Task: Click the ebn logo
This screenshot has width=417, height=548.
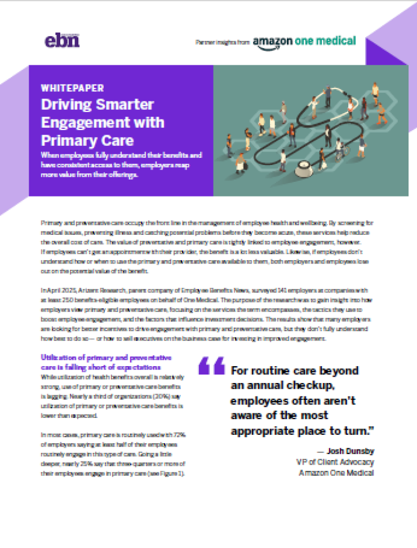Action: [x=61, y=41]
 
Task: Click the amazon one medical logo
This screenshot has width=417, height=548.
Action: [x=304, y=41]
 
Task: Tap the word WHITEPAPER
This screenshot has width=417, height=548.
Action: [x=72, y=88]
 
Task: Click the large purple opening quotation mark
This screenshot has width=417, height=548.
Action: [x=211, y=366]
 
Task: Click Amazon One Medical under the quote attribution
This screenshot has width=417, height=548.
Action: [x=336, y=473]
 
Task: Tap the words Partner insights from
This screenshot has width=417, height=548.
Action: [x=222, y=42]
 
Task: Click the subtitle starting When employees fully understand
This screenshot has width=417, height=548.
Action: [x=121, y=164]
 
